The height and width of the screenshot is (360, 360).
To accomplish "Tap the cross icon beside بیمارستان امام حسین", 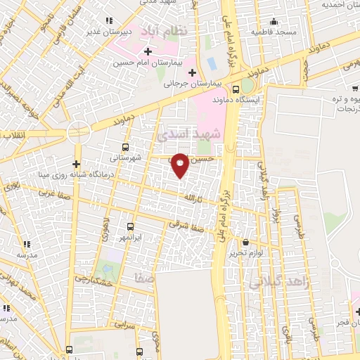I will pos(147,51).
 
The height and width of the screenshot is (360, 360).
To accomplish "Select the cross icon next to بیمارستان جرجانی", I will pos(192,72).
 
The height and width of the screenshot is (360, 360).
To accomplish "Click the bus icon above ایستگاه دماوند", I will pos(236,89).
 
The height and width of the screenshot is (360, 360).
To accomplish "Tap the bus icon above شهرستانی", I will pos(124,147).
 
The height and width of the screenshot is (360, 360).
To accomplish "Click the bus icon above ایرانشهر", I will pos(130,226).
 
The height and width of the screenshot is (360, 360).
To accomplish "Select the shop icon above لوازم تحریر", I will pos(244,243).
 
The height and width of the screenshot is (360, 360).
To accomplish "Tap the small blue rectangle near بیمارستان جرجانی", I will pos(212,63).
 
